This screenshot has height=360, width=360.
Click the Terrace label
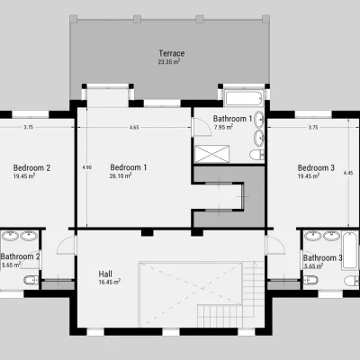[172, 53]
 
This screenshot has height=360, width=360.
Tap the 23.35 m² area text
[169, 62]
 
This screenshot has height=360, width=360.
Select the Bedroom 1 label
[129, 167]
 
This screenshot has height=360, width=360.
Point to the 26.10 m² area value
[121, 175]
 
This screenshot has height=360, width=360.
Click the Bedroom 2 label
[31, 167]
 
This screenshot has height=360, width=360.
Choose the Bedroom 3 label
[316, 167]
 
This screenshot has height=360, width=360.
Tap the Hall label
[105, 274]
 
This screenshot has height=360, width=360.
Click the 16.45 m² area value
[110, 282]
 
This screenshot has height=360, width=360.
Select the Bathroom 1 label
[232, 119]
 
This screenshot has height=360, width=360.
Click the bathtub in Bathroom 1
[244, 98]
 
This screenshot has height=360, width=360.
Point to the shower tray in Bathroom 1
[211, 154]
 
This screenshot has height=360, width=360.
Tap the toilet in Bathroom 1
[256, 155]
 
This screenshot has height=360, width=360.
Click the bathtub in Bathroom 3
[350, 250]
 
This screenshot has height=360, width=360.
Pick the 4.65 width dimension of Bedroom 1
[134, 127]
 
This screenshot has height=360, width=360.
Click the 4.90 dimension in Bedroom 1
[86, 167]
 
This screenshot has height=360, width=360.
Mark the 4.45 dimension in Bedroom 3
[348, 173]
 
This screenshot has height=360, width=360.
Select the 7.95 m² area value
[223, 127]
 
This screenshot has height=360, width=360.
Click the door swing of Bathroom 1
[202, 127]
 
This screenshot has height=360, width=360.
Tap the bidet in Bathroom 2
[31, 280]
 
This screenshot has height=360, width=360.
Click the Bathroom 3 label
[322, 258]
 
